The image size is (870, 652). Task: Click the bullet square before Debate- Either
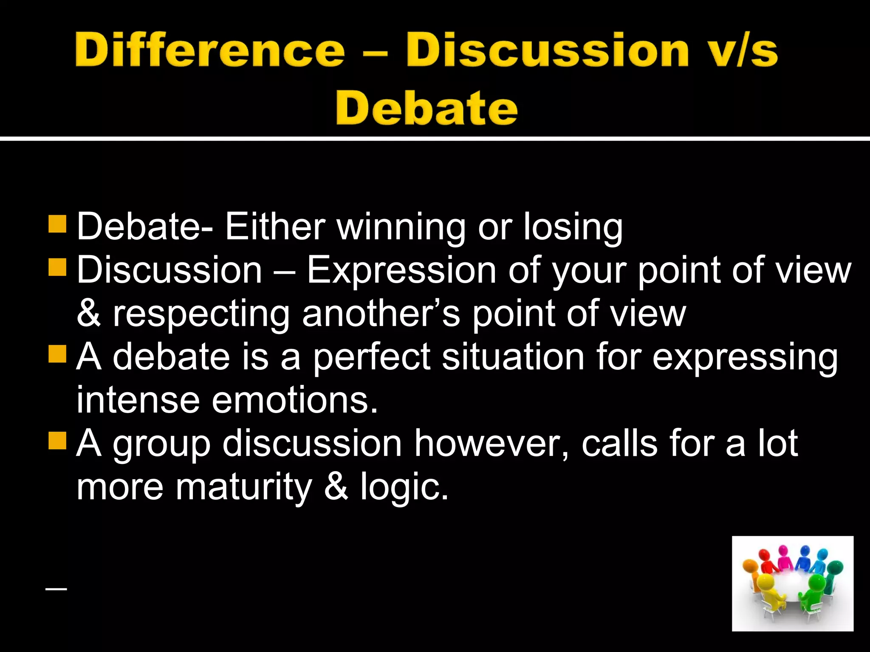pos(57,224)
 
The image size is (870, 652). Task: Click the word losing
pos(573,227)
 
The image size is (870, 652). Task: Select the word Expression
pos(401,270)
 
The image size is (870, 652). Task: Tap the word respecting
pos(201,314)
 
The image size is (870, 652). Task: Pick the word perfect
pos(372,357)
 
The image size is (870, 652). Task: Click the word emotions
pos(294,400)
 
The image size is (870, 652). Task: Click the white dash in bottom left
pos(56,589)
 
